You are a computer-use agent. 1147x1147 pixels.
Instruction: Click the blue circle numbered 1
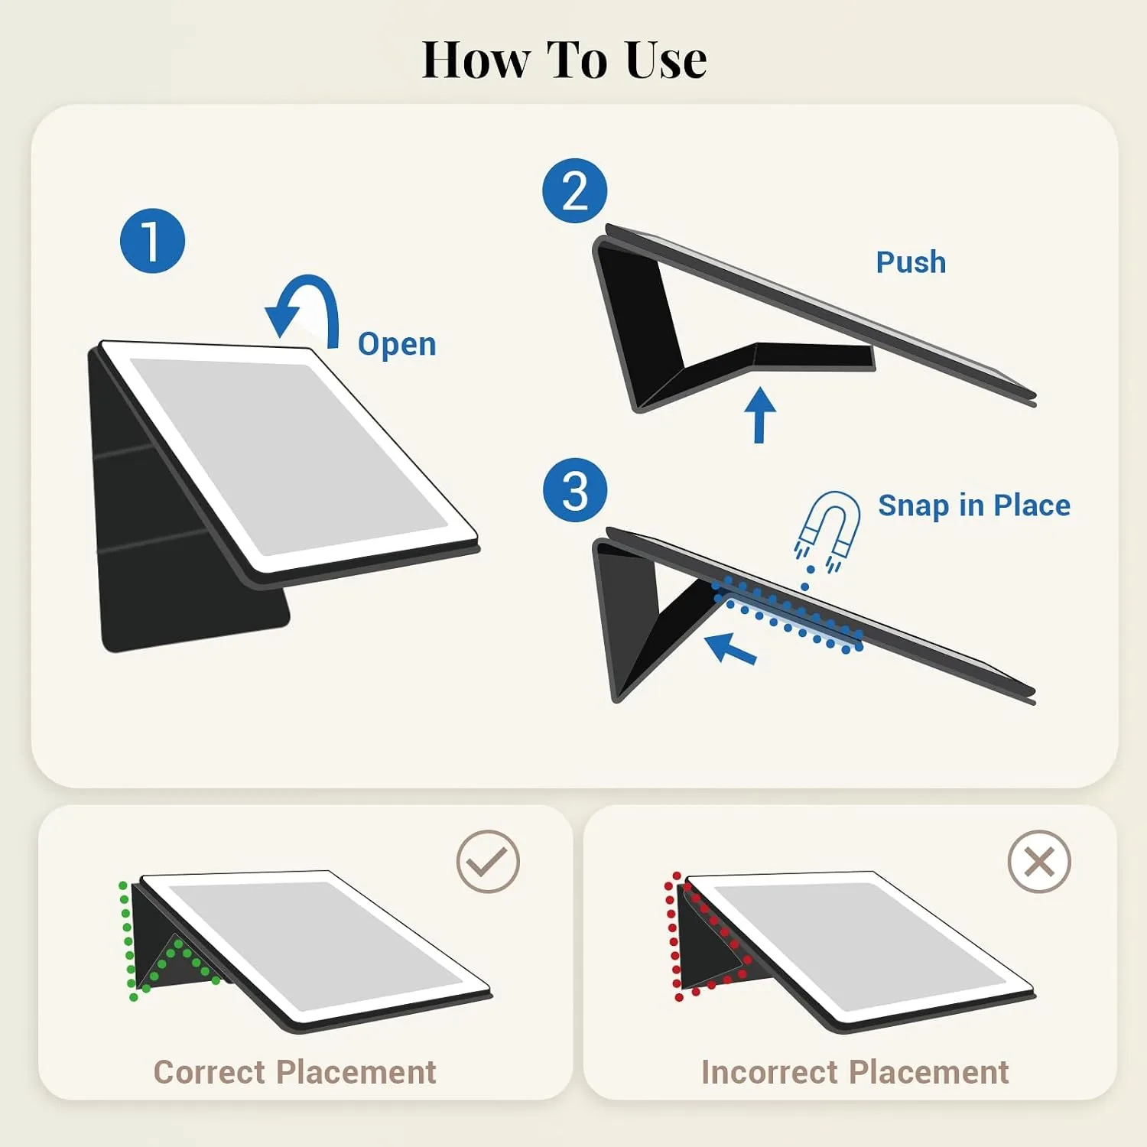[x=152, y=241]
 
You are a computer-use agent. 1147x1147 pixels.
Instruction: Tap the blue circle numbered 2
[x=575, y=190]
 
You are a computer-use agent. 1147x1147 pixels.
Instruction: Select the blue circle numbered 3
[x=575, y=490]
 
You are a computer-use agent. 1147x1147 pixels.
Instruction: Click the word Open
[x=397, y=345]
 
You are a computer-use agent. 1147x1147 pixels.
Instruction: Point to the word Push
[x=911, y=262]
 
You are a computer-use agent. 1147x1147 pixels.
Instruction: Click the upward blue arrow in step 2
[x=759, y=414]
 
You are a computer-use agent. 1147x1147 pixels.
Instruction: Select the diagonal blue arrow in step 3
[x=730, y=648]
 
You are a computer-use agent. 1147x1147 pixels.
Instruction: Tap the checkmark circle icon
[x=488, y=861]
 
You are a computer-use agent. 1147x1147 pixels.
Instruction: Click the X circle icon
[x=1039, y=861]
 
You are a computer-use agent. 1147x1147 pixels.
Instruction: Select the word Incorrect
[x=769, y=1072]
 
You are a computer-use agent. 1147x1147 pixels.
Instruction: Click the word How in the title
[x=476, y=60]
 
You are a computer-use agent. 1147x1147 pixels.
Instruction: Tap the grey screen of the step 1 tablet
[x=288, y=457]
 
